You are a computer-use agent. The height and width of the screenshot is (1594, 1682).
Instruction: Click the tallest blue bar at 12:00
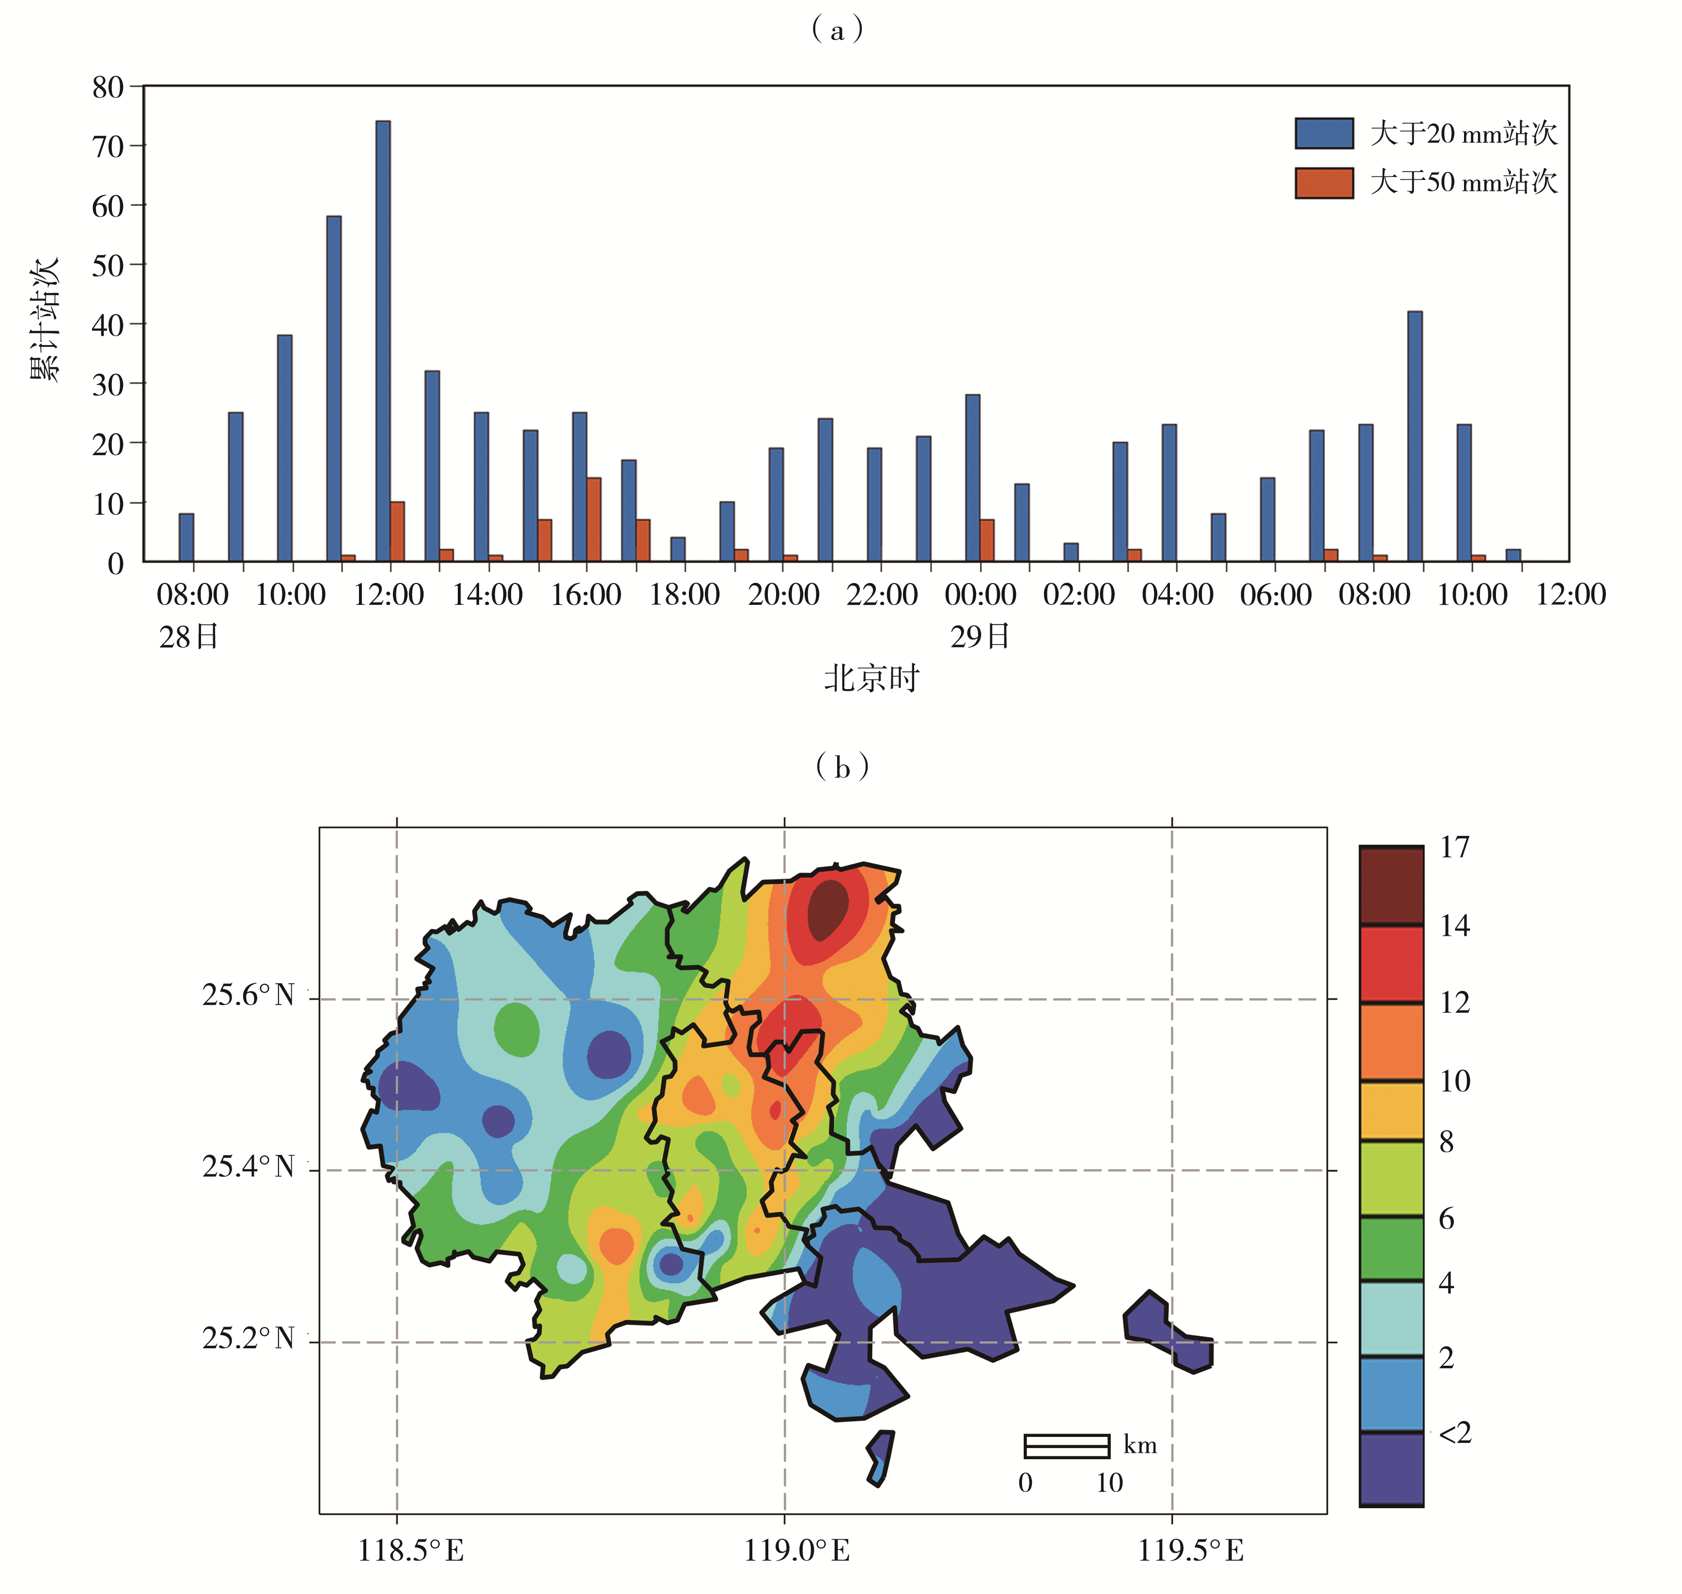coord(383,340)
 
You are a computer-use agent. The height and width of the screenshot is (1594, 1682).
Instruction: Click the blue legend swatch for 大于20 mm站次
coord(1324,133)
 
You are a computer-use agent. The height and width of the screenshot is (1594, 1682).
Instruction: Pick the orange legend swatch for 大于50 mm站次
coord(1324,183)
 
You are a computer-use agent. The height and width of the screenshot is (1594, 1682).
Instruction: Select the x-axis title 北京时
coord(872,679)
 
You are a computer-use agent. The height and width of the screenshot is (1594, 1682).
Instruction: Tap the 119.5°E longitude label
coord(1190,1551)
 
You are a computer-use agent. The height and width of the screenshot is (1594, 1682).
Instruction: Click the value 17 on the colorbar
coord(1454,847)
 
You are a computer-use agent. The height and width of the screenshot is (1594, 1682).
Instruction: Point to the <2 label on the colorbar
coord(1454,1433)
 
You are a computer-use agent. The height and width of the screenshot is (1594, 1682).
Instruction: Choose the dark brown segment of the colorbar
coord(1391,885)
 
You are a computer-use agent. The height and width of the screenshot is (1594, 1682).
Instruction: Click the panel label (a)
coord(838,31)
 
